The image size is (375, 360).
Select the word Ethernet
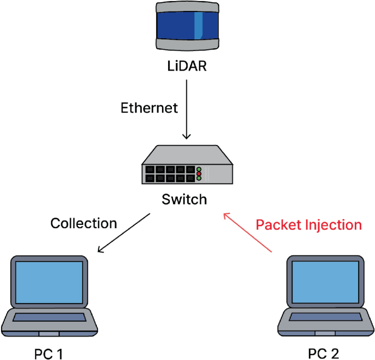click(149, 108)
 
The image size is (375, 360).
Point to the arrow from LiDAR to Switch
click(187, 109)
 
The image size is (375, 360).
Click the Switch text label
click(184, 199)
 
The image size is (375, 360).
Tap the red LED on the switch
click(199, 173)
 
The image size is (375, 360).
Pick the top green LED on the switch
click(199, 169)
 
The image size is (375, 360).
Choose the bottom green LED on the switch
click(199, 178)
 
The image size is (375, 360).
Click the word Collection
click(83, 223)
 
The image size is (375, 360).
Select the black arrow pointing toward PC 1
click(124, 233)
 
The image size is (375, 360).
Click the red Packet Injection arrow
click(247, 233)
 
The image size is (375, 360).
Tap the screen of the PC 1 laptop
click(49, 283)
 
